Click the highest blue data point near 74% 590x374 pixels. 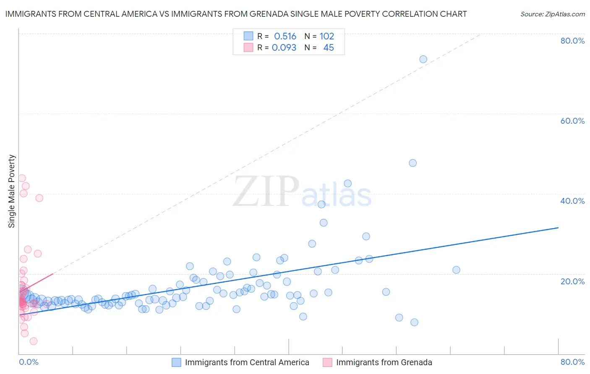click(423, 59)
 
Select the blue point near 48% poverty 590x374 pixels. click(412, 163)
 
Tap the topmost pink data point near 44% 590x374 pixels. click(22, 178)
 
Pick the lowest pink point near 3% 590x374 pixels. click(34, 341)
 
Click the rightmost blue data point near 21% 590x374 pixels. click(456, 270)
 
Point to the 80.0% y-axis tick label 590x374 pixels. click(572, 41)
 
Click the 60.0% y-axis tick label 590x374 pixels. click(572, 121)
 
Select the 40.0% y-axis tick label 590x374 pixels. click(572, 201)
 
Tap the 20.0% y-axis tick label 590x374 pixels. click(572, 281)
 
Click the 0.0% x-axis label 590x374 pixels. click(29, 362)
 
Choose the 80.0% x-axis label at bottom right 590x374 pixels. click(572, 362)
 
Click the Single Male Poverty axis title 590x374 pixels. click(12, 191)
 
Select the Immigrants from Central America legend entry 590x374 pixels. click(247, 362)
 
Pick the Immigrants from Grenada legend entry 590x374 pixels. click(384, 362)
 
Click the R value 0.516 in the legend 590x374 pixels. click(285, 36)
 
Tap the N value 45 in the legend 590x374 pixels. click(329, 48)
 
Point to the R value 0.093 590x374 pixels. click(284, 48)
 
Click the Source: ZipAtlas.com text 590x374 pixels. click(552, 14)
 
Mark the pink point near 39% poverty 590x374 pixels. click(39, 198)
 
